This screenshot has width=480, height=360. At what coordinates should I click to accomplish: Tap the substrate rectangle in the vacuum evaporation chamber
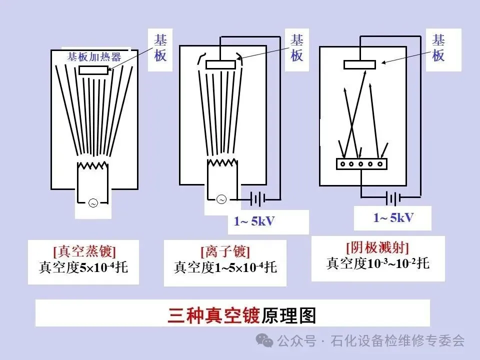click(93, 70)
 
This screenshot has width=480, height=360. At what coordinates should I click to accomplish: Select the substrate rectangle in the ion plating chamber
click(220, 64)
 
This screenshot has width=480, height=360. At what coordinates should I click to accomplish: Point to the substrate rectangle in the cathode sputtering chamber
click(359, 64)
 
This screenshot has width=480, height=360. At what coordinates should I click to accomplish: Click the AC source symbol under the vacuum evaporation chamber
click(92, 202)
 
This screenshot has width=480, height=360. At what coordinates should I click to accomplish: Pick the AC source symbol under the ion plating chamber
click(221, 199)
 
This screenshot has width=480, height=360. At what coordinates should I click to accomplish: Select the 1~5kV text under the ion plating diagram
click(254, 221)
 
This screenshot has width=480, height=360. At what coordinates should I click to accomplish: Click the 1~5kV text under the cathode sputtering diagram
click(393, 217)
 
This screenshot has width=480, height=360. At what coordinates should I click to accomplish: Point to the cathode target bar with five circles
click(362, 163)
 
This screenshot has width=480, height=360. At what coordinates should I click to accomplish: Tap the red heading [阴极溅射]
click(377, 247)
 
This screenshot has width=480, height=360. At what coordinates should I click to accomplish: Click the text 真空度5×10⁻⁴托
click(83, 267)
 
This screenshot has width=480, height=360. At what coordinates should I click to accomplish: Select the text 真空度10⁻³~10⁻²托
click(377, 263)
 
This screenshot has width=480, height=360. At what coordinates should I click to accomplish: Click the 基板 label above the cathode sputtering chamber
click(438, 48)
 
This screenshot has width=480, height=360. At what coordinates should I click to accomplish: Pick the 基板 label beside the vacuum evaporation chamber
click(160, 48)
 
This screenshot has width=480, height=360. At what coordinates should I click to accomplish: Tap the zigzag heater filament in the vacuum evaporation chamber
click(92, 165)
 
